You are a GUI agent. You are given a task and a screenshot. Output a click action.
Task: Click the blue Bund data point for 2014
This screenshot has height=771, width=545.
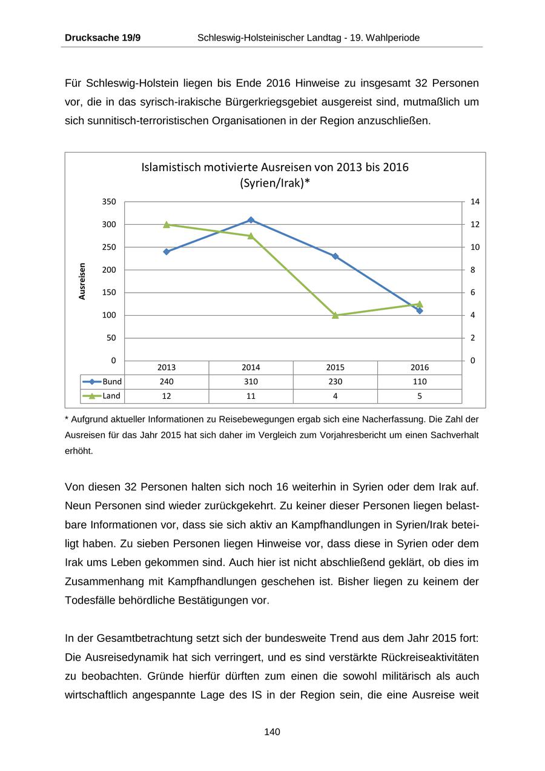[x=251, y=220]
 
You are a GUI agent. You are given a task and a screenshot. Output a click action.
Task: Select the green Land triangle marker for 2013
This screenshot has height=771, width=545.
[x=167, y=224]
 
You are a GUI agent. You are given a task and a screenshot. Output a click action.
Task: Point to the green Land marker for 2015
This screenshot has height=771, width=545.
[x=335, y=315]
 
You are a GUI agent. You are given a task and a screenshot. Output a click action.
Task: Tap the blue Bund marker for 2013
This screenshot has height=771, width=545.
[x=167, y=252]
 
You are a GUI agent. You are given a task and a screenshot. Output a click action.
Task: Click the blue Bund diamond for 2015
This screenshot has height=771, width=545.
[x=335, y=256]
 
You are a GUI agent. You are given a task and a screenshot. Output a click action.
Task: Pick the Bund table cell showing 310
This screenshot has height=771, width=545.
[x=251, y=382]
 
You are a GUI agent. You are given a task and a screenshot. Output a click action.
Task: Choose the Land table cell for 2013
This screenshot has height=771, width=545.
[x=167, y=396]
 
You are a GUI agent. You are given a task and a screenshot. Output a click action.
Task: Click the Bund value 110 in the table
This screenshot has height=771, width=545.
[x=420, y=382]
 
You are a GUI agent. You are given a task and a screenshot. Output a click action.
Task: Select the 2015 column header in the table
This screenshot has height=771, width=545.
[x=335, y=367]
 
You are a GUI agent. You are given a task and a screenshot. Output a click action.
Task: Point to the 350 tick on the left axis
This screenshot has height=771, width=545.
[x=109, y=202]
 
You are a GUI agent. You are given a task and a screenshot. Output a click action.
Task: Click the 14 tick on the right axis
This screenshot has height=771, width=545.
[x=475, y=202]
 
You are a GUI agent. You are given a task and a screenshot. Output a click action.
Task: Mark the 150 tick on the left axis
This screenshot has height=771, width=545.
[x=109, y=293]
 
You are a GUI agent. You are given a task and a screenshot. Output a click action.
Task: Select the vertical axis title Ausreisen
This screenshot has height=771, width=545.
[x=82, y=281]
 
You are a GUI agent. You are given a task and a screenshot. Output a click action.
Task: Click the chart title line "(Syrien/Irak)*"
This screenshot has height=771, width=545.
[x=275, y=182]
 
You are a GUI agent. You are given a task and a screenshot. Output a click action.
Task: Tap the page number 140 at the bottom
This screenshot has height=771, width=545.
[x=272, y=732]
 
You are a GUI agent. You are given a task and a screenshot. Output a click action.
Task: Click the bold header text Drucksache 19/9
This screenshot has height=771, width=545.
[x=103, y=38]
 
